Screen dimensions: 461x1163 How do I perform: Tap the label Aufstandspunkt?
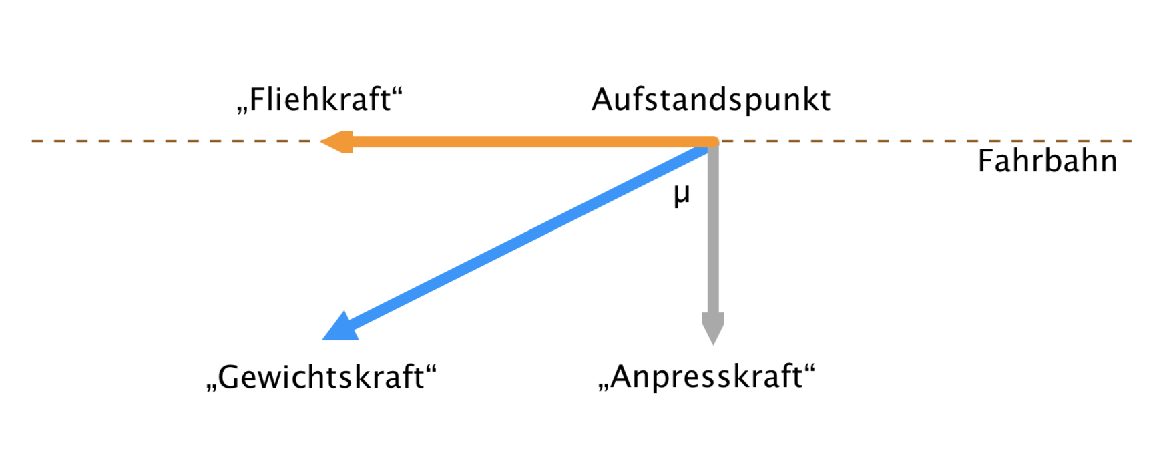[x=711, y=100]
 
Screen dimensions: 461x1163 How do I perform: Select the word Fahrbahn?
[x=1047, y=161]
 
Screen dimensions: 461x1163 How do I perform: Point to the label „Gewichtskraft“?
[x=321, y=377]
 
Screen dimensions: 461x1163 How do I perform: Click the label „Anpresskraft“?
[x=707, y=377]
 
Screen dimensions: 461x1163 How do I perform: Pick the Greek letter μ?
[x=682, y=195]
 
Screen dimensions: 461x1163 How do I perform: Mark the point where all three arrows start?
[x=712, y=142]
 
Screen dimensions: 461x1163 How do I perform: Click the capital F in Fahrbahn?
[x=985, y=161]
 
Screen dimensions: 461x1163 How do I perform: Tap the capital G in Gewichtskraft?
[x=229, y=377]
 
